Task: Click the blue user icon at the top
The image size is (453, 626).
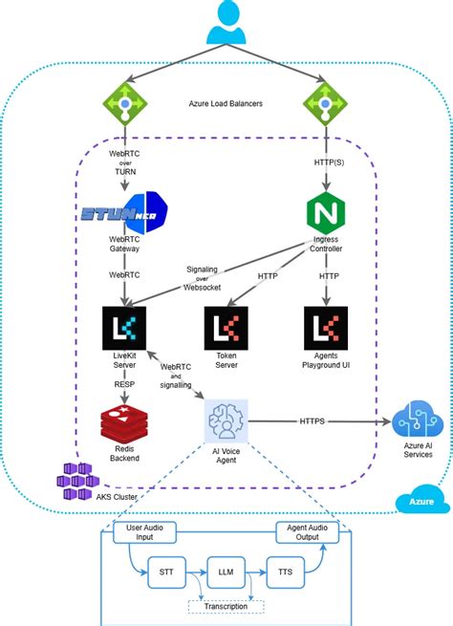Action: click(x=226, y=22)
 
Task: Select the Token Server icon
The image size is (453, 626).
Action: click(x=226, y=328)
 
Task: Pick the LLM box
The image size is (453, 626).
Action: click(x=226, y=572)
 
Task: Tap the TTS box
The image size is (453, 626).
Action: click(x=285, y=572)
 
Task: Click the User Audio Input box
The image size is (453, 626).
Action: click(x=144, y=532)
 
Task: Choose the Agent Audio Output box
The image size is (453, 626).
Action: click(x=308, y=532)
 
